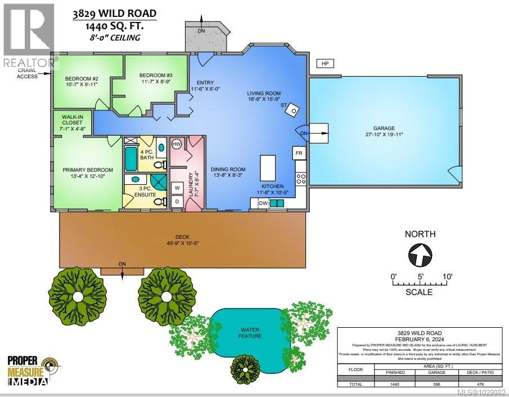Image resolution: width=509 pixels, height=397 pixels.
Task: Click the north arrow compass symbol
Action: pos(419,255)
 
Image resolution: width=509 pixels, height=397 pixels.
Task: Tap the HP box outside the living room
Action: pos(325,64)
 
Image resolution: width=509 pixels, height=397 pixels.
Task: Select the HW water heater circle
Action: pos(176,145)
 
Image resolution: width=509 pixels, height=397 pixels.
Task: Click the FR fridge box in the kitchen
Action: pos(299,153)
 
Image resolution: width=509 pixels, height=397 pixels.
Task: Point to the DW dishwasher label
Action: pos(262,203)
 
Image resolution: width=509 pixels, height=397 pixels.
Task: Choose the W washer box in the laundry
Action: pos(176,187)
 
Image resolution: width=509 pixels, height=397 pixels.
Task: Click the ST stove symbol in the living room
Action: pos(291,111)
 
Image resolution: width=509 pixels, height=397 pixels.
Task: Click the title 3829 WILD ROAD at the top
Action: pos(114,14)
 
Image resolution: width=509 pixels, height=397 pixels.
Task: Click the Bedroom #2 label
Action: pos(82,82)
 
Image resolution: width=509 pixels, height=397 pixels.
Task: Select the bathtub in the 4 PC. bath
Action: pos(131,159)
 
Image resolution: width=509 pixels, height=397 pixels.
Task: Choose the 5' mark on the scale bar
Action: pos(420,277)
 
